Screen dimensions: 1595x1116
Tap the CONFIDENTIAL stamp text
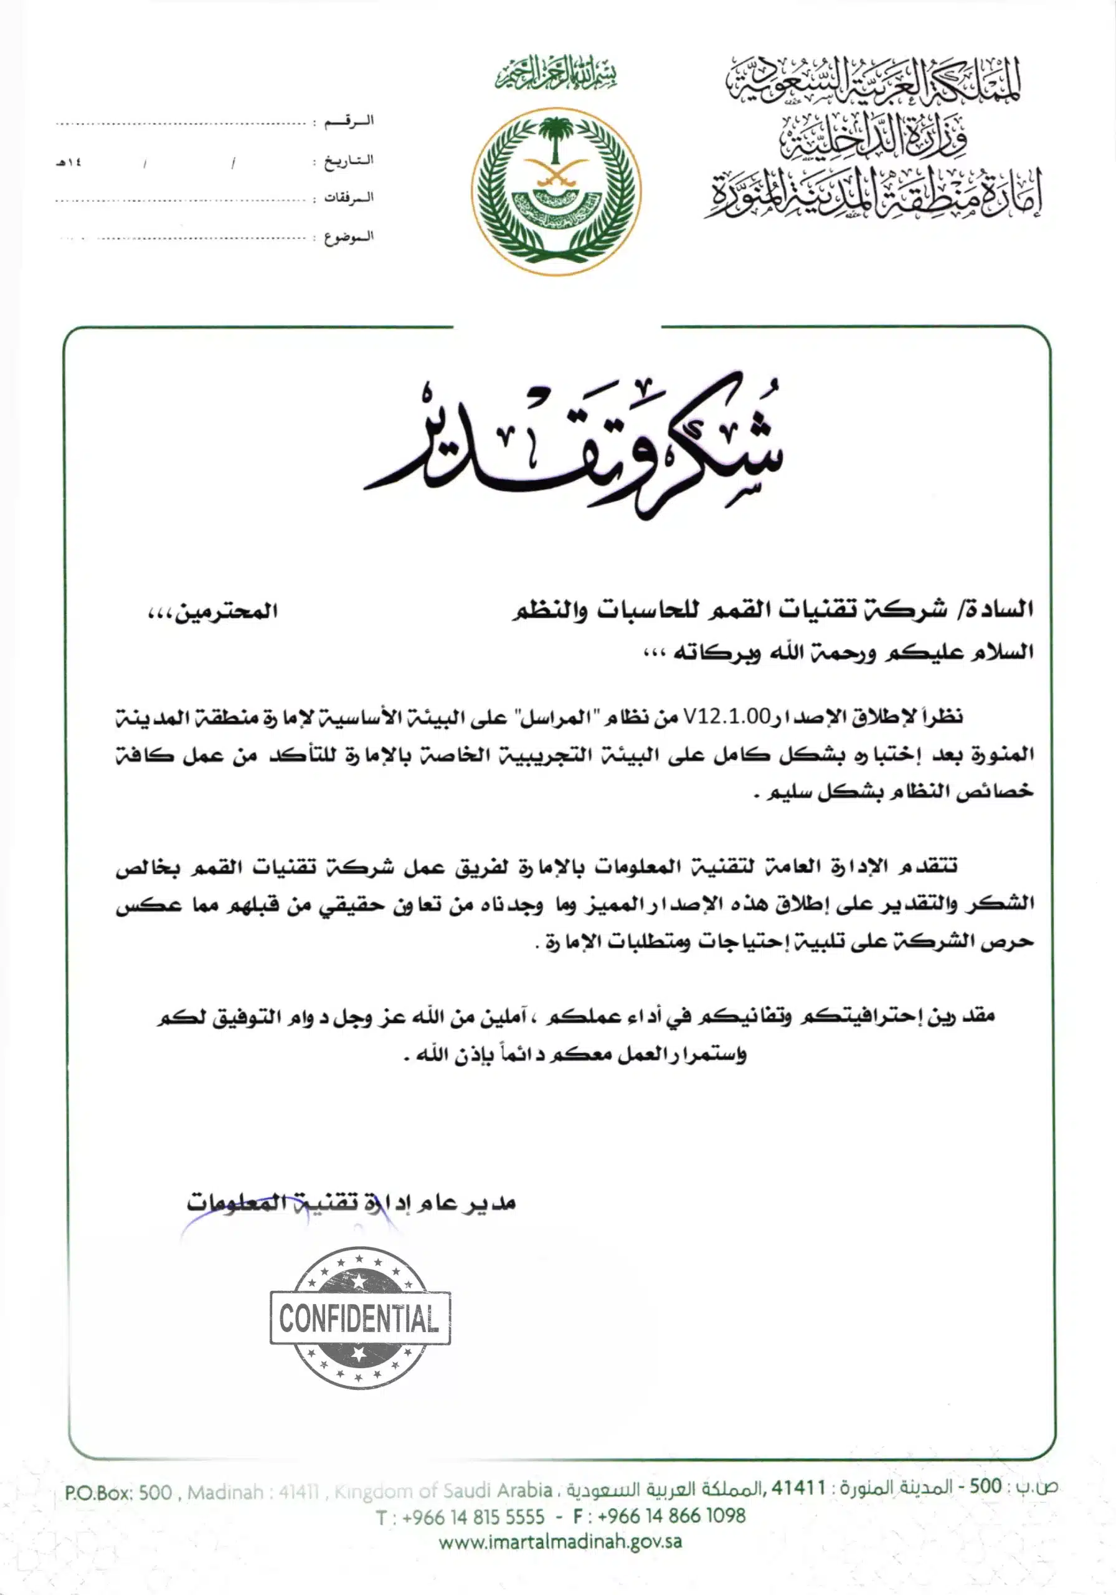pos(360,1318)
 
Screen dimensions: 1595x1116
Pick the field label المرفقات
pos(349,198)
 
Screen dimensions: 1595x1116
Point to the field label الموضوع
pos(349,237)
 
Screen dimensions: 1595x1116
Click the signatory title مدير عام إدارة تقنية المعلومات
pos(351,1202)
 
